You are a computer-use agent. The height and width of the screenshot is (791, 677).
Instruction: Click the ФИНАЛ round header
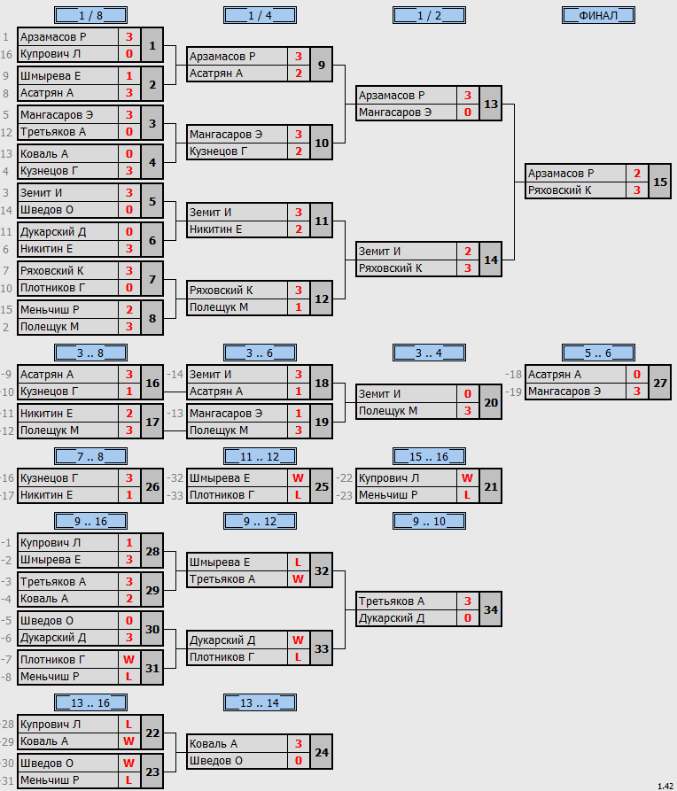[x=598, y=15]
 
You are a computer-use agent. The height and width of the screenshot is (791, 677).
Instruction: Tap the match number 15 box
[x=660, y=182]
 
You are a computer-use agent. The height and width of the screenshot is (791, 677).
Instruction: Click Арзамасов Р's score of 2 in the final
[x=637, y=173]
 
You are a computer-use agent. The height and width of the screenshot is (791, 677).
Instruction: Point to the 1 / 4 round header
[x=260, y=15]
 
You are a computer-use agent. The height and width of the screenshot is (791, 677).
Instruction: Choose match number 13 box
[x=491, y=104]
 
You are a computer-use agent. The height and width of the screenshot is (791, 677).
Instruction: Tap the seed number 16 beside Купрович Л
[x=6, y=54]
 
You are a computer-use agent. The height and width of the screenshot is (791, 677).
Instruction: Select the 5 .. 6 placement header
[x=598, y=353]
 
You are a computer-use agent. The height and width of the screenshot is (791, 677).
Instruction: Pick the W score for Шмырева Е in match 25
[x=299, y=477]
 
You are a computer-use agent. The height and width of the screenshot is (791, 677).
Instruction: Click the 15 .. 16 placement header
[x=429, y=456]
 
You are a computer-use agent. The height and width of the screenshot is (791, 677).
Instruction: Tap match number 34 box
[x=491, y=609]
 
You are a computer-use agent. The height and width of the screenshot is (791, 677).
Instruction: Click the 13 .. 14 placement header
[x=260, y=702]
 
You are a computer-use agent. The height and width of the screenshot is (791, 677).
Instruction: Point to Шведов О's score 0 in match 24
[x=299, y=760]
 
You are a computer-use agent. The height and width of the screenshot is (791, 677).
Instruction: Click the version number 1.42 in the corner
[x=665, y=786]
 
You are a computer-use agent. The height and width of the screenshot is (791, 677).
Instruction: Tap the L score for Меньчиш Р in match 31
[x=129, y=676]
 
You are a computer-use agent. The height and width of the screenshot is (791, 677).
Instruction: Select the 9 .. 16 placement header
[x=91, y=521]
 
